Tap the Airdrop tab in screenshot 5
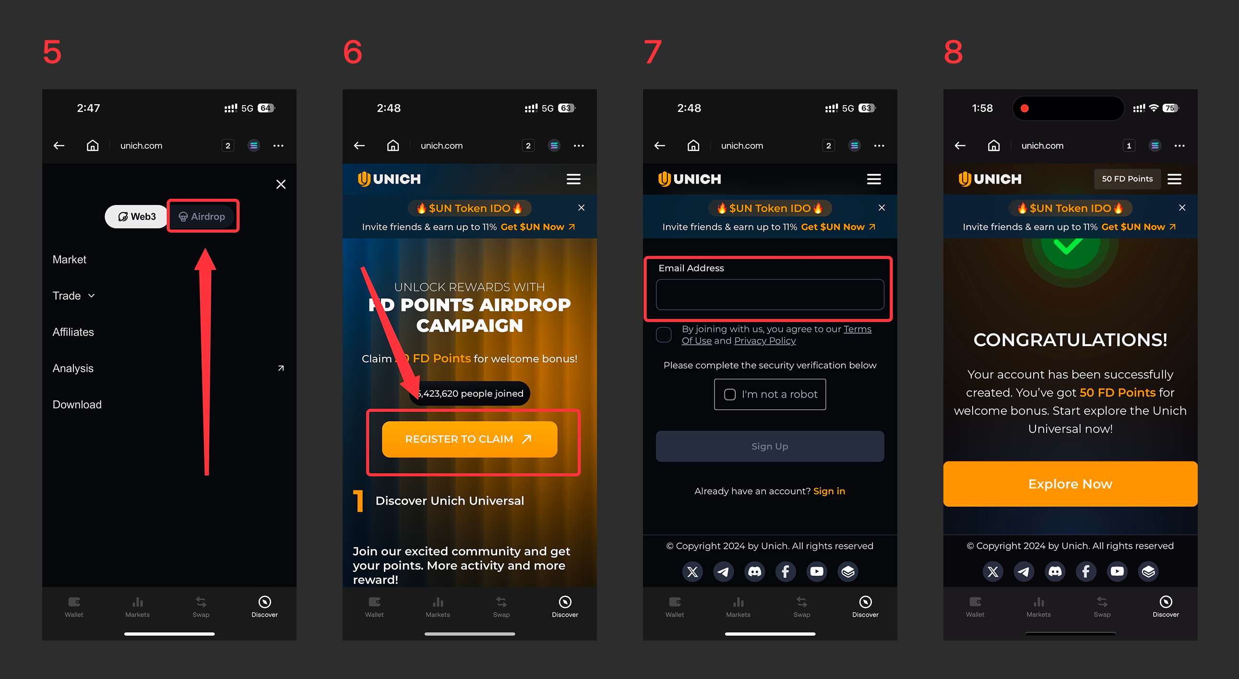point(203,217)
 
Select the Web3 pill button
point(137,217)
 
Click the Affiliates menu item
point(73,332)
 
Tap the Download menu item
point(77,405)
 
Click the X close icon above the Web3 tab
point(281,184)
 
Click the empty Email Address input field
point(770,294)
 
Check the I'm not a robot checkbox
point(730,395)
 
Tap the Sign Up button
point(770,447)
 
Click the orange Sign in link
point(829,491)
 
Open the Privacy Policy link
point(765,341)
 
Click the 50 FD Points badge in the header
point(1127,179)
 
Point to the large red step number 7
point(653,52)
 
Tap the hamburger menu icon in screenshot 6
point(573,179)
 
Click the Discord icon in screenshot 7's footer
point(755,572)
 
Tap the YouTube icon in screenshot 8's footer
point(1117,572)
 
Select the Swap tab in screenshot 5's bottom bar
point(201,606)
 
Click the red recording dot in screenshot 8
point(1025,108)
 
